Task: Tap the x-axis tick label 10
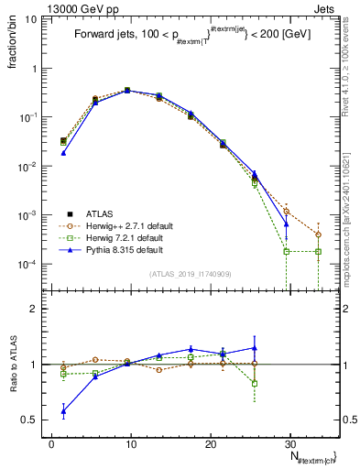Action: (131, 443)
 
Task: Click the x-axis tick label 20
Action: (211, 443)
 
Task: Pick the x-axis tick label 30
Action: (290, 443)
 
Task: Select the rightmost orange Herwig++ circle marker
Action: (318, 234)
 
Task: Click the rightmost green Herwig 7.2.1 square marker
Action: (318, 251)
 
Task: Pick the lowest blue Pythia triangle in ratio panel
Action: (63, 411)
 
